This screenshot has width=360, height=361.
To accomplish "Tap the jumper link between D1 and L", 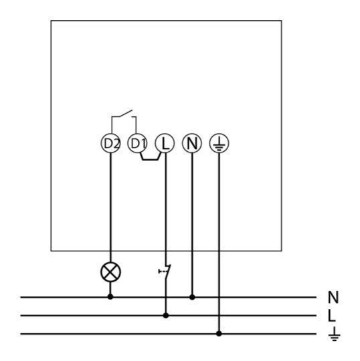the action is [151, 159].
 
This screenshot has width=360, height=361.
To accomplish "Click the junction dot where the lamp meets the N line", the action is [110, 297].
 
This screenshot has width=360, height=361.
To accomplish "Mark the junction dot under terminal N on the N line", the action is [192, 297].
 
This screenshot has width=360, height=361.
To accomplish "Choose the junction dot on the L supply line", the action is [165, 315].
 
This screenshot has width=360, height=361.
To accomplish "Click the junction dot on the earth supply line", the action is [219, 333].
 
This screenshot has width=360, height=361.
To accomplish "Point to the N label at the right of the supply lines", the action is [333, 297].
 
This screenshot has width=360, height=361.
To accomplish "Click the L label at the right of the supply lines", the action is [332, 315].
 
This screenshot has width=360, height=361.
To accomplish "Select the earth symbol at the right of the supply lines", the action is [334, 334].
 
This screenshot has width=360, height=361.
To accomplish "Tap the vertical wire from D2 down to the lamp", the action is [110, 207].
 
